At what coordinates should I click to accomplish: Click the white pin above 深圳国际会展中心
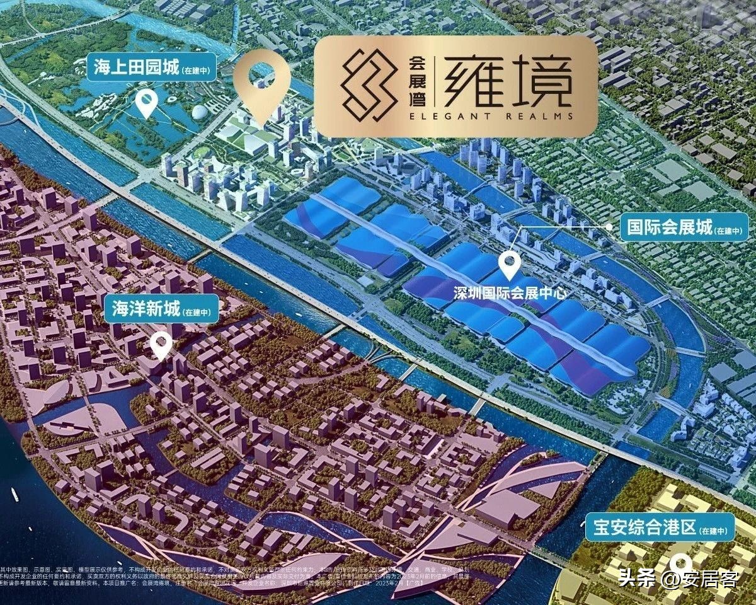coord(509,265)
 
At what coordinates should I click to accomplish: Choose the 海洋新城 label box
coord(161,309)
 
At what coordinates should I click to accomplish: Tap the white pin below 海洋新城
coord(161,345)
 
